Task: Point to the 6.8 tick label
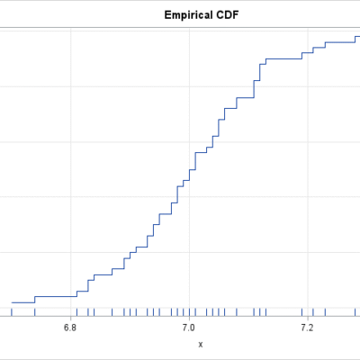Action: (70, 328)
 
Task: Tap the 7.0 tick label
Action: (189, 328)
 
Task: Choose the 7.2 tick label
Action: (307, 328)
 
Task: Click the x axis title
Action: (201, 345)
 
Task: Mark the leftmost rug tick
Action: (12, 312)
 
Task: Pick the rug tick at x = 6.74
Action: (35, 312)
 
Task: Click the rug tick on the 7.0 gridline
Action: (189, 312)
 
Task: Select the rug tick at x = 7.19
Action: (301, 312)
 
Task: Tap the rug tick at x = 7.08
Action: (237, 312)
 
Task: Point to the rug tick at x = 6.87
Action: (112, 312)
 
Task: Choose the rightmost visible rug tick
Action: (355, 312)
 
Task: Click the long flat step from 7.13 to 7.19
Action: (283, 58)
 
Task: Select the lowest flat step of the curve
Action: (23, 302)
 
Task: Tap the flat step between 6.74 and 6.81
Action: (56, 297)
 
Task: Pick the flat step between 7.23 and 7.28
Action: (340, 42)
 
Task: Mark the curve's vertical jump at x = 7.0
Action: (189, 175)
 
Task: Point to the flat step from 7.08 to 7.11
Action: (246, 98)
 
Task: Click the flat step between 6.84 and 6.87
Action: (103, 274)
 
